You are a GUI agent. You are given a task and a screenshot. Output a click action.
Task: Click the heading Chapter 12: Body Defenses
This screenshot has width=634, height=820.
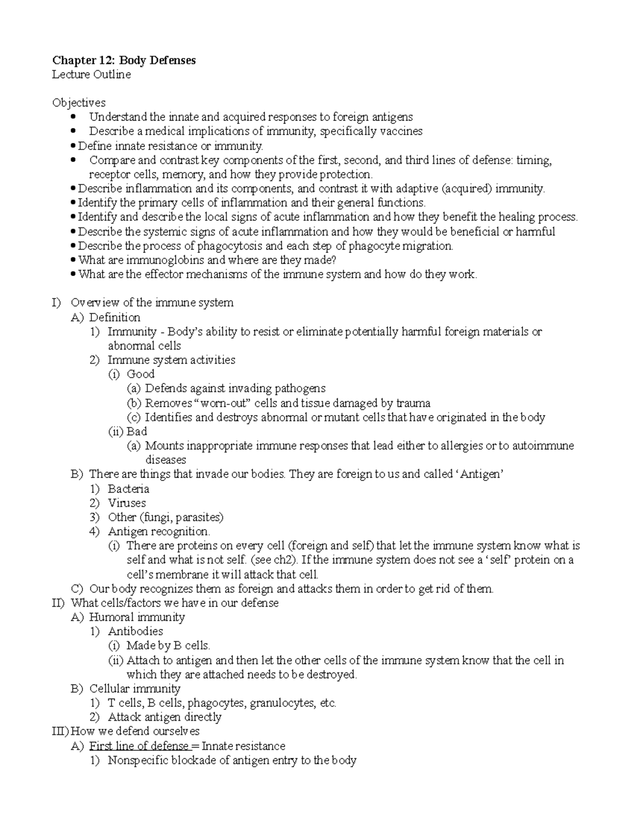click(124, 60)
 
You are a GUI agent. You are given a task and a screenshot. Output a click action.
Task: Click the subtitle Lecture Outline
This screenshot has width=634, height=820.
click(91, 74)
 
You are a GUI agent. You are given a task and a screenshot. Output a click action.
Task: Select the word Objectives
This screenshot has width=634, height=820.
click(78, 103)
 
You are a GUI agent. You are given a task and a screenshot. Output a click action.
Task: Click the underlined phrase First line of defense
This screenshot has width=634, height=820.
click(139, 746)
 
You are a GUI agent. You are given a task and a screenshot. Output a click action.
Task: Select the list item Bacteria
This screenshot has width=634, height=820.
click(128, 489)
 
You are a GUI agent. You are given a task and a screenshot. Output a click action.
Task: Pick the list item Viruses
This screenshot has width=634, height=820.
click(127, 503)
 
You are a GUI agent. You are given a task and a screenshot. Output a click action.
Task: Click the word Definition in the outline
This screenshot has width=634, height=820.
click(115, 317)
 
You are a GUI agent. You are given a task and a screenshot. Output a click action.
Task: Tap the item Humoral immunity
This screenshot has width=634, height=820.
click(137, 617)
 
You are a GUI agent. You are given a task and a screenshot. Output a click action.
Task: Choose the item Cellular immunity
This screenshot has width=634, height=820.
click(135, 689)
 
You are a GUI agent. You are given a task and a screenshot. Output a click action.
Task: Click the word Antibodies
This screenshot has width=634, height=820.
click(135, 632)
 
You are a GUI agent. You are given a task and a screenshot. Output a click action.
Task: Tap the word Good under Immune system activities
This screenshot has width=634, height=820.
click(141, 374)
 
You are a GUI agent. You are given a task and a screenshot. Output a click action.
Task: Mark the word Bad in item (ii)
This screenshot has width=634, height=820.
click(137, 431)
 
